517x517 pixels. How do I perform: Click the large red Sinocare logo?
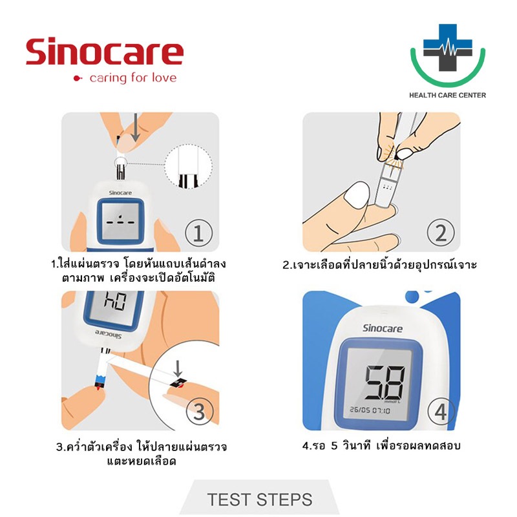tap(105, 52)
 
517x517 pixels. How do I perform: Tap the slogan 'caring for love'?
tap(133, 78)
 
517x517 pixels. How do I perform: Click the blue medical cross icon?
tap(447, 47)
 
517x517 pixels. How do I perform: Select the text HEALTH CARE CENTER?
tap(447, 95)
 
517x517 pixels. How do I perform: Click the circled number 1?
tap(198, 233)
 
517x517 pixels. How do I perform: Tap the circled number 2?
tap(441, 233)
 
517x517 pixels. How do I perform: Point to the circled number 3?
tap(200, 412)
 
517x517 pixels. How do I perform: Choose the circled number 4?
tap(441, 412)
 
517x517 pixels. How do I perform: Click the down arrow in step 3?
tap(178, 368)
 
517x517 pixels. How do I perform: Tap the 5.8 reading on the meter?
tap(385, 382)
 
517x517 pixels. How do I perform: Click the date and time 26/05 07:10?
tap(370, 410)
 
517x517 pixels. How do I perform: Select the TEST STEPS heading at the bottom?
tap(260, 500)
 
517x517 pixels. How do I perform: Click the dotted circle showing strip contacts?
tap(188, 167)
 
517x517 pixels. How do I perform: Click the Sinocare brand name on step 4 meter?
tap(383, 328)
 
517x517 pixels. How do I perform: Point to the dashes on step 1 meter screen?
tap(120, 221)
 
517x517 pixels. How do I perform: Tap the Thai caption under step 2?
tap(380, 264)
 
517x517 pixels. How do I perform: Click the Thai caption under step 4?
tap(381, 446)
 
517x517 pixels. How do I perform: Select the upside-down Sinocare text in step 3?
tap(109, 334)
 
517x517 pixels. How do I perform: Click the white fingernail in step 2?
tap(356, 195)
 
